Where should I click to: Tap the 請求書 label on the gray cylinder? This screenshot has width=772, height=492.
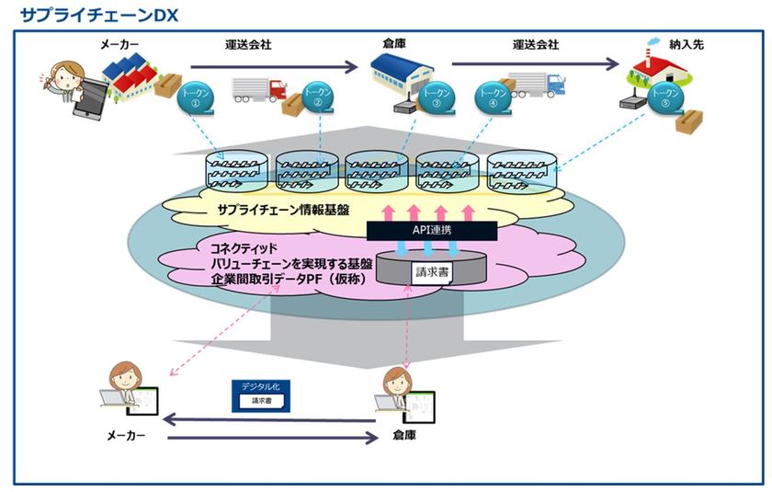click(427, 272)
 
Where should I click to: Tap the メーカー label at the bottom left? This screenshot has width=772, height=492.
click(126, 436)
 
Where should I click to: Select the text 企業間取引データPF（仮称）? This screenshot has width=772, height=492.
click(276, 280)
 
